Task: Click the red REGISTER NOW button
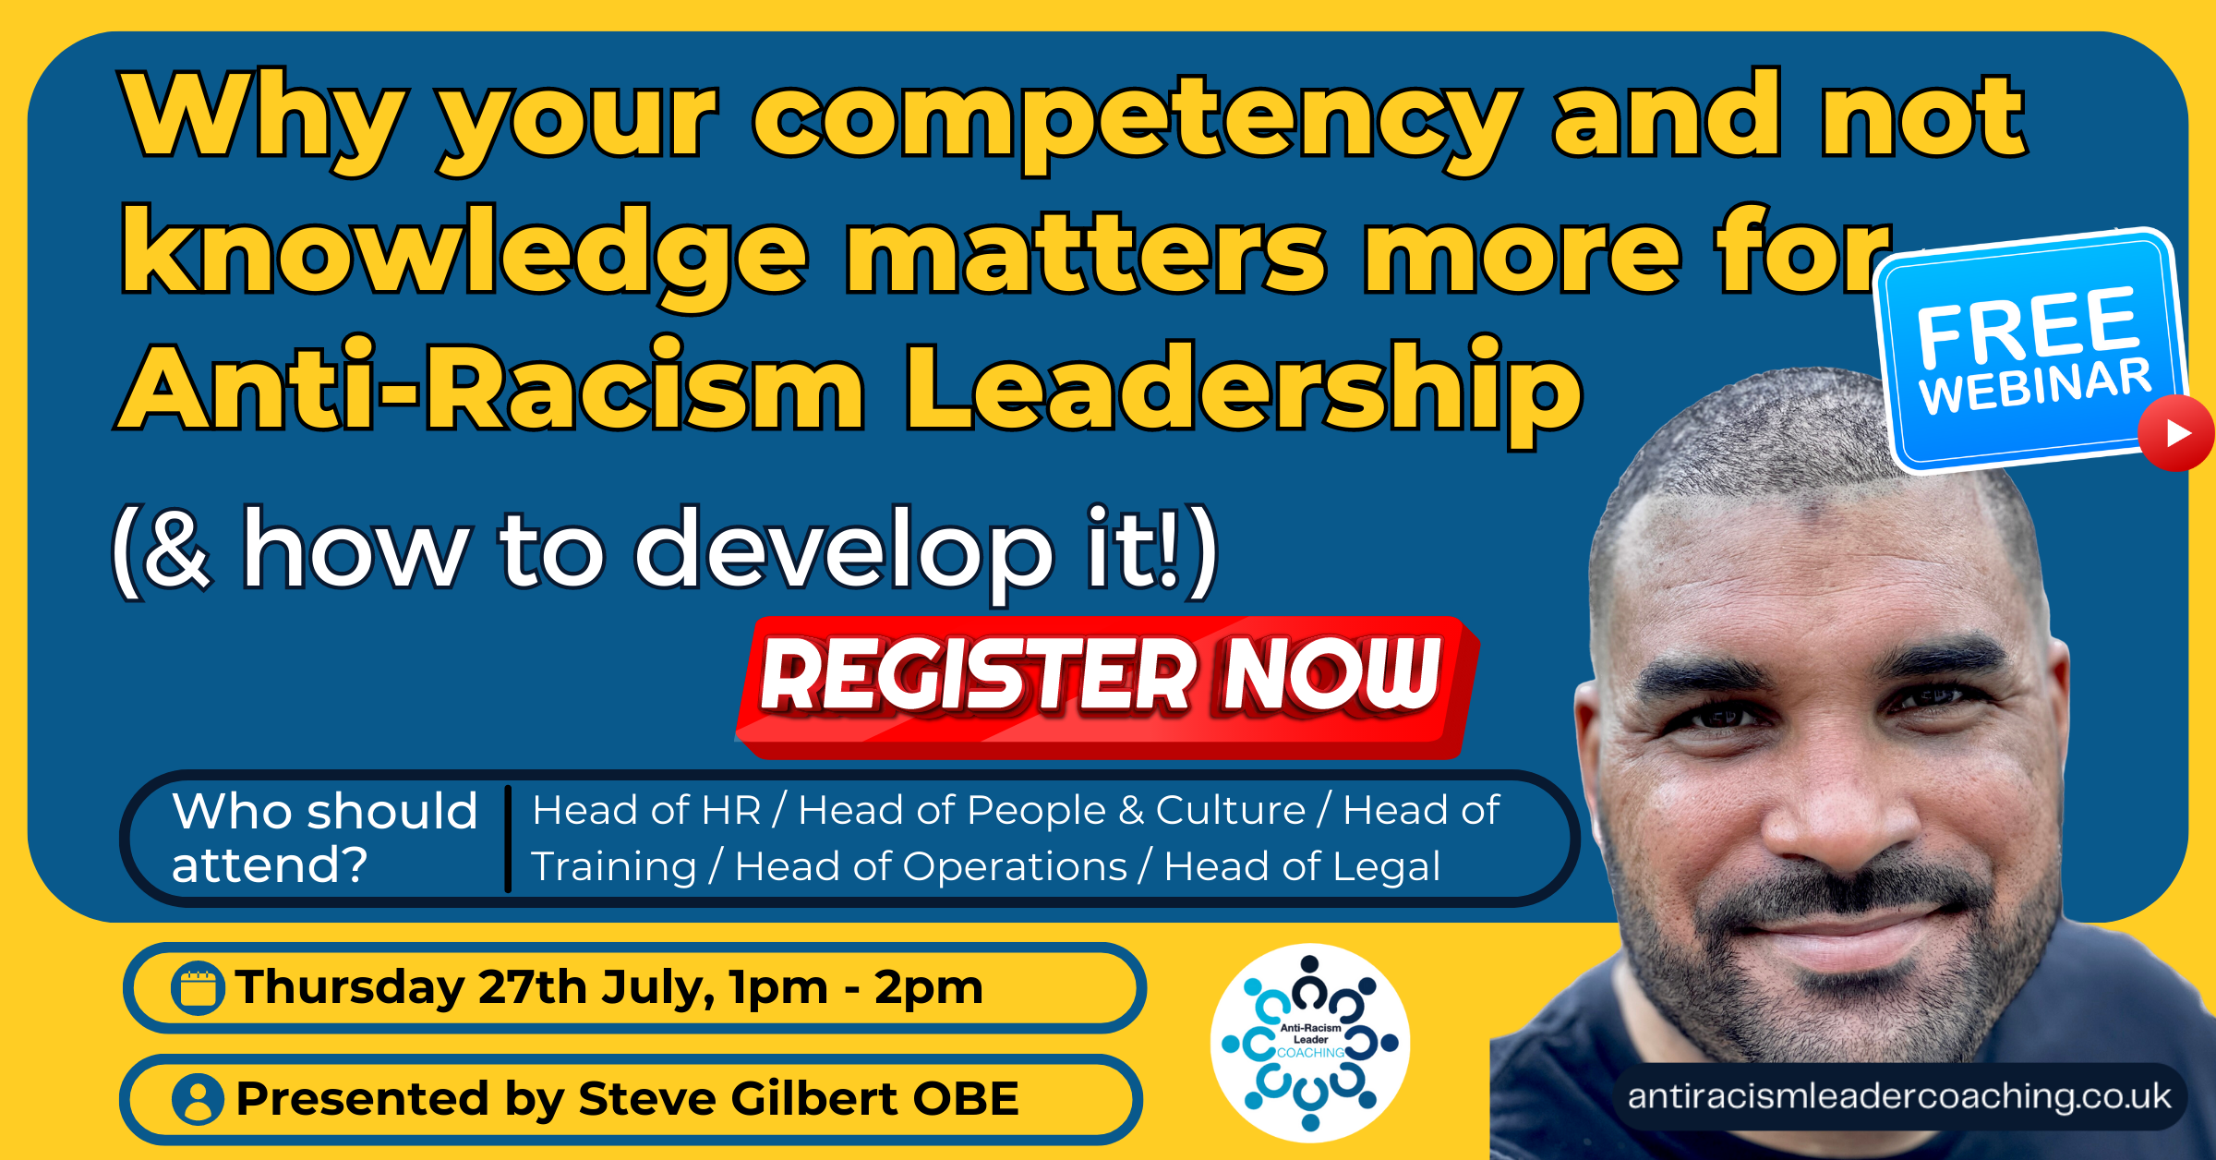click(1103, 683)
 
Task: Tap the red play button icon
click(2177, 433)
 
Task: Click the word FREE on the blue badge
click(2026, 325)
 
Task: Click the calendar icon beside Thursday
click(198, 988)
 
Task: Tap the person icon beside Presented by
click(198, 1099)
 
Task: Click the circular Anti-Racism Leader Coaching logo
click(1310, 1043)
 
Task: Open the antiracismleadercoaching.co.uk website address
click(1898, 1096)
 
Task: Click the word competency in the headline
click(1136, 120)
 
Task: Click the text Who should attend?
click(323, 837)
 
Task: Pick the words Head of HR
click(646, 811)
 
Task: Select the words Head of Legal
click(1302, 866)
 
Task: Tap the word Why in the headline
click(263, 120)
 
